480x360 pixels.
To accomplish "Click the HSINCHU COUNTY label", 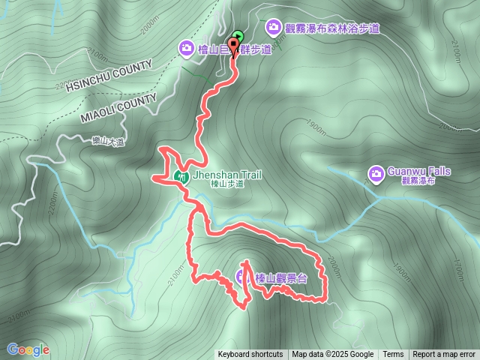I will (109, 76).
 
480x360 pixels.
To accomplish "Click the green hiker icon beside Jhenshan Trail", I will (181, 177).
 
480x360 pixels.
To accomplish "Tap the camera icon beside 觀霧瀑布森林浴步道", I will (273, 28).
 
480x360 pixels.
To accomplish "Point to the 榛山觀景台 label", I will (281, 277).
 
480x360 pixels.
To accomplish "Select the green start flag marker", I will (238, 35).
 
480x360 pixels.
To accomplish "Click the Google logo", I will (28, 349).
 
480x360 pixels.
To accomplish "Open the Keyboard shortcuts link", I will (250, 355).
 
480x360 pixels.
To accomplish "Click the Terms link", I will (393, 355).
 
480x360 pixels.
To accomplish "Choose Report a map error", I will (444, 355).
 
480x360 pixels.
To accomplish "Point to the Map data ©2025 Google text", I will (333, 355).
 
